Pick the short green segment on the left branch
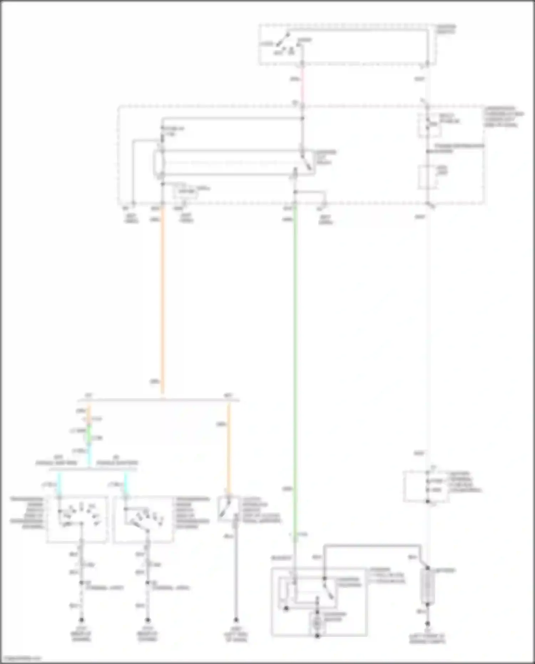click(89, 432)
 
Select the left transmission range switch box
click(77, 519)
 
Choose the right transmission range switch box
click(143, 519)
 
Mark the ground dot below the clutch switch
click(236, 620)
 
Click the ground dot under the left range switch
click(81, 620)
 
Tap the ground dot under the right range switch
click(148, 620)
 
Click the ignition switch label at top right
click(447, 29)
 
